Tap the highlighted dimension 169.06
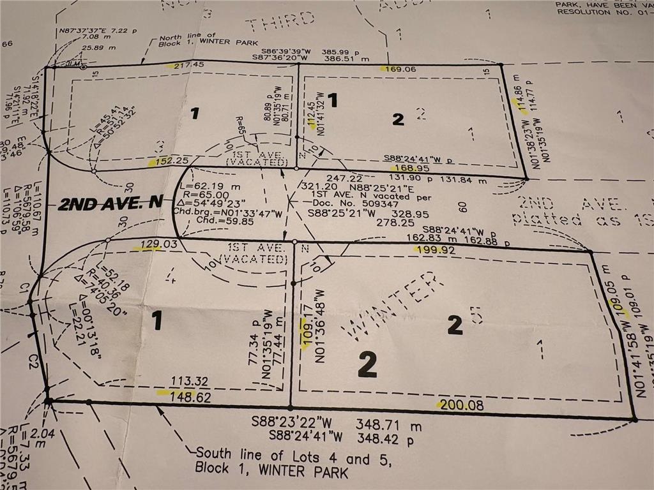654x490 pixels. pos(397,70)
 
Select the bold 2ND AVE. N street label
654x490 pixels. pos(110,205)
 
